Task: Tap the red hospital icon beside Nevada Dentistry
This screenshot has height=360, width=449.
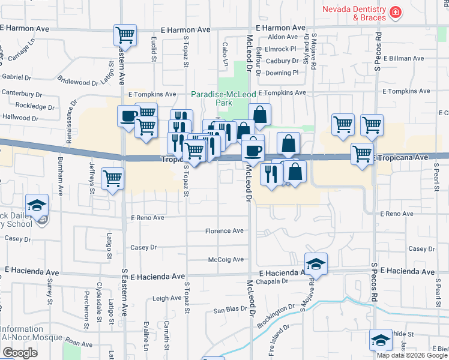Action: (x=396, y=11)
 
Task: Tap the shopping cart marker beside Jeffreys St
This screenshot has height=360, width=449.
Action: (x=113, y=178)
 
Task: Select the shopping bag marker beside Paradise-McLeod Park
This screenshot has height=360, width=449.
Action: (x=259, y=113)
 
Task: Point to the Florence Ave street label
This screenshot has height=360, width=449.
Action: (x=224, y=231)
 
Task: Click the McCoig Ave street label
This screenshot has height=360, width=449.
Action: (x=226, y=259)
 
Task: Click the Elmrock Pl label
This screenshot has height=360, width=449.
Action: (x=281, y=49)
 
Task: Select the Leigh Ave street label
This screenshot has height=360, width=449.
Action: (x=167, y=298)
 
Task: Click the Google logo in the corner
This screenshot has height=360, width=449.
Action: (x=20, y=353)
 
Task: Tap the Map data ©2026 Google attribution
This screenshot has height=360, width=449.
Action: (x=412, y=355)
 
